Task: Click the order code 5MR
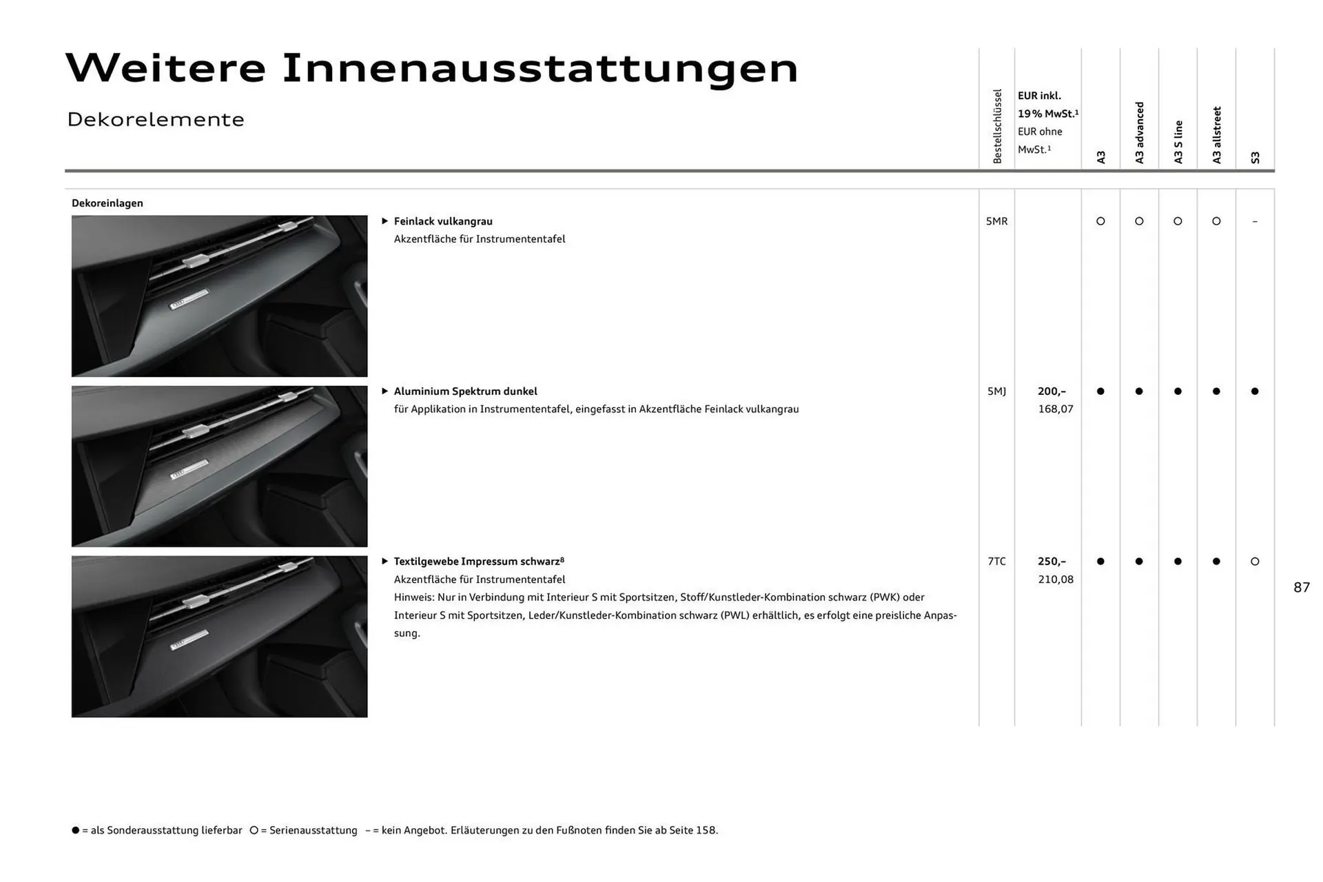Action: pos(996,221)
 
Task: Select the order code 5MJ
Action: pos(996,391)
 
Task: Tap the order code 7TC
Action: pos(996,562)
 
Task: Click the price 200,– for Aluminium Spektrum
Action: pos(1052,391)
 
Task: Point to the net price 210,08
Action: pos(1056,580)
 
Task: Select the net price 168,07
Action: pos(1056,409)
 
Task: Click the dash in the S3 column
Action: pos(1255,221)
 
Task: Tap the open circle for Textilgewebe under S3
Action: pos(1255,562)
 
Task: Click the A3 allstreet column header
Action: pos(1217,135)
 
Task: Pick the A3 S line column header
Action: pos(1178,142)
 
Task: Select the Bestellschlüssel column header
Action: pos(997,126)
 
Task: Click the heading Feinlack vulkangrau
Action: pos(443,221)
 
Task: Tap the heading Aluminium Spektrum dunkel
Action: pos(465,391)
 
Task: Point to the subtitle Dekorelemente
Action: pos(156,119)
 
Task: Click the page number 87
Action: pos(1302,587)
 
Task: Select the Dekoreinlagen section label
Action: pos(107,203)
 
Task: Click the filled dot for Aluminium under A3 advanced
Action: pos(1139,391)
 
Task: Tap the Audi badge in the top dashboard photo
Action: pos(188,300)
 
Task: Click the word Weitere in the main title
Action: pos(165,68)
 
